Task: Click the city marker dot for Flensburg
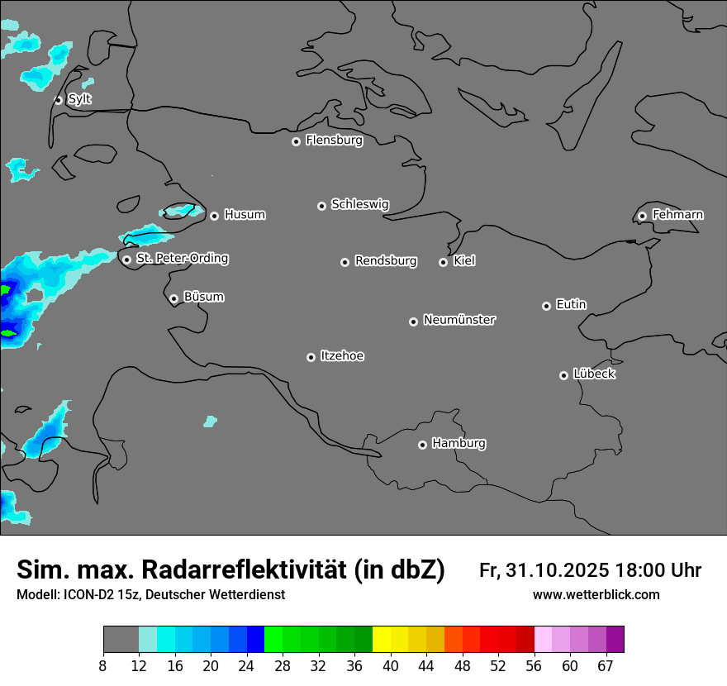[296, 141]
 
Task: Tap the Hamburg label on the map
[459, 444]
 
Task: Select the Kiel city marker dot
[443, 262]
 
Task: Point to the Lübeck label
[594, 374]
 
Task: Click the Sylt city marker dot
[59, 100]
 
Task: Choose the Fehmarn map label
[677, 215]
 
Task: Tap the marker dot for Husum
[214, 216]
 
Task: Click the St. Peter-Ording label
[182, 259]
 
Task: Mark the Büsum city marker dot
[173, 298]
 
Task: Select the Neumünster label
[459, 320]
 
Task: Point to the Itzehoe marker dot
[311, 357]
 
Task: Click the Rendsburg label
[386, 261]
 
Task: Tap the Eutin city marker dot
[546, 306]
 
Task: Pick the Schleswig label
[359, 204]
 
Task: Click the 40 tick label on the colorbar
[391, 666]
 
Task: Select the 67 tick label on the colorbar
[606, 666]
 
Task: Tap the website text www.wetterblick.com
[596, 595]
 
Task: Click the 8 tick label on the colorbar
[103, 666]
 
